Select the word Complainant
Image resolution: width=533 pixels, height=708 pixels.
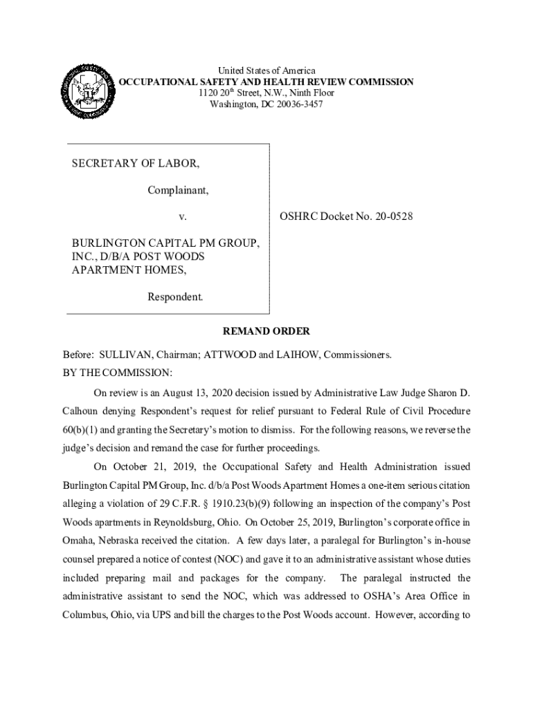(x=178, y=189)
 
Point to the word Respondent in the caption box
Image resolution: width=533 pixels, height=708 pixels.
(x=175, y=297)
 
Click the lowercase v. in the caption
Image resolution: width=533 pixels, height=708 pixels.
(x=183, y=216)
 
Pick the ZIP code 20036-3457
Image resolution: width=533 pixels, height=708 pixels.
(x=294, y=104)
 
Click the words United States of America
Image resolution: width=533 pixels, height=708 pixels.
(x=266, y=71)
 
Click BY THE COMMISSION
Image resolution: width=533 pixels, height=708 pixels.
(x=118, y=373)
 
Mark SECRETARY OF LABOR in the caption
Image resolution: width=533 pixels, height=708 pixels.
(x=136, y=163)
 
